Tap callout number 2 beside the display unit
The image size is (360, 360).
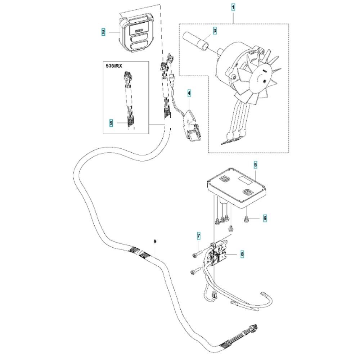103,32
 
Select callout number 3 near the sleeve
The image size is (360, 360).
215,31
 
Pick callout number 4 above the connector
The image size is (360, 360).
189,94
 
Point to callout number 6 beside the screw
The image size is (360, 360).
265,218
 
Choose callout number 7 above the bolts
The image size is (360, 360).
198,236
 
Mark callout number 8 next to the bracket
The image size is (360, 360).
242,254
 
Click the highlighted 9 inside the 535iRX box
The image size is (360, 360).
111,123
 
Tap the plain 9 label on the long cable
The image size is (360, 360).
155,241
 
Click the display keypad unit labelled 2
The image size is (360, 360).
137,34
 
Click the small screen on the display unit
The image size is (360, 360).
138,30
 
